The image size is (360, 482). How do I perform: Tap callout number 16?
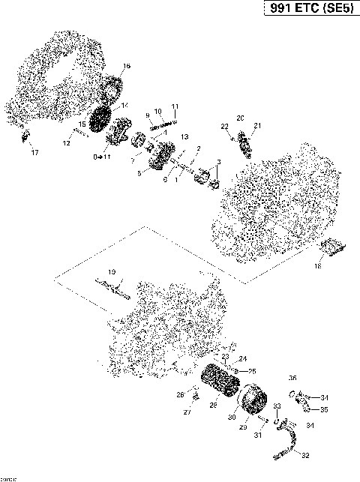(126, 67)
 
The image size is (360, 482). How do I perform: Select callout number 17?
(34, 153)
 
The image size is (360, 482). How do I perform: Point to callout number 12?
(67, 142)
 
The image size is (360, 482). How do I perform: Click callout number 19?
(111, 271)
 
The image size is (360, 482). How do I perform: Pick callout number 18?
(317, 265)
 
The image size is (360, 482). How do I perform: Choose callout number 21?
(257, 125)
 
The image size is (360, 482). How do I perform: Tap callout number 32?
(305, 454)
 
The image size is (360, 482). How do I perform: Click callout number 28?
(214, 405)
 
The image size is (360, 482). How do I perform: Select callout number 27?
(187, 412)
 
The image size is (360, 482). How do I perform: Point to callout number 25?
(252, 371)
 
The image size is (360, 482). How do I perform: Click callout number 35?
(324, 410)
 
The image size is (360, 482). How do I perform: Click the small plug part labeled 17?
(28, 136)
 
